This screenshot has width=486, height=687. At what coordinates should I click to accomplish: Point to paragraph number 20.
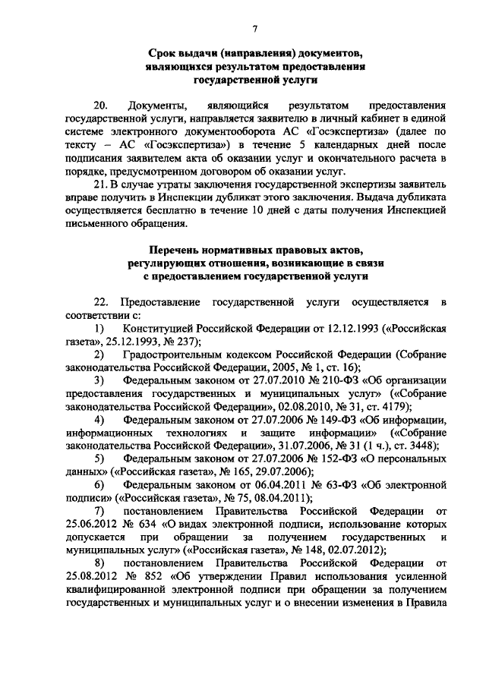(101, 102)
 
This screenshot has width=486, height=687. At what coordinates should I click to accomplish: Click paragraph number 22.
(101, 303)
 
